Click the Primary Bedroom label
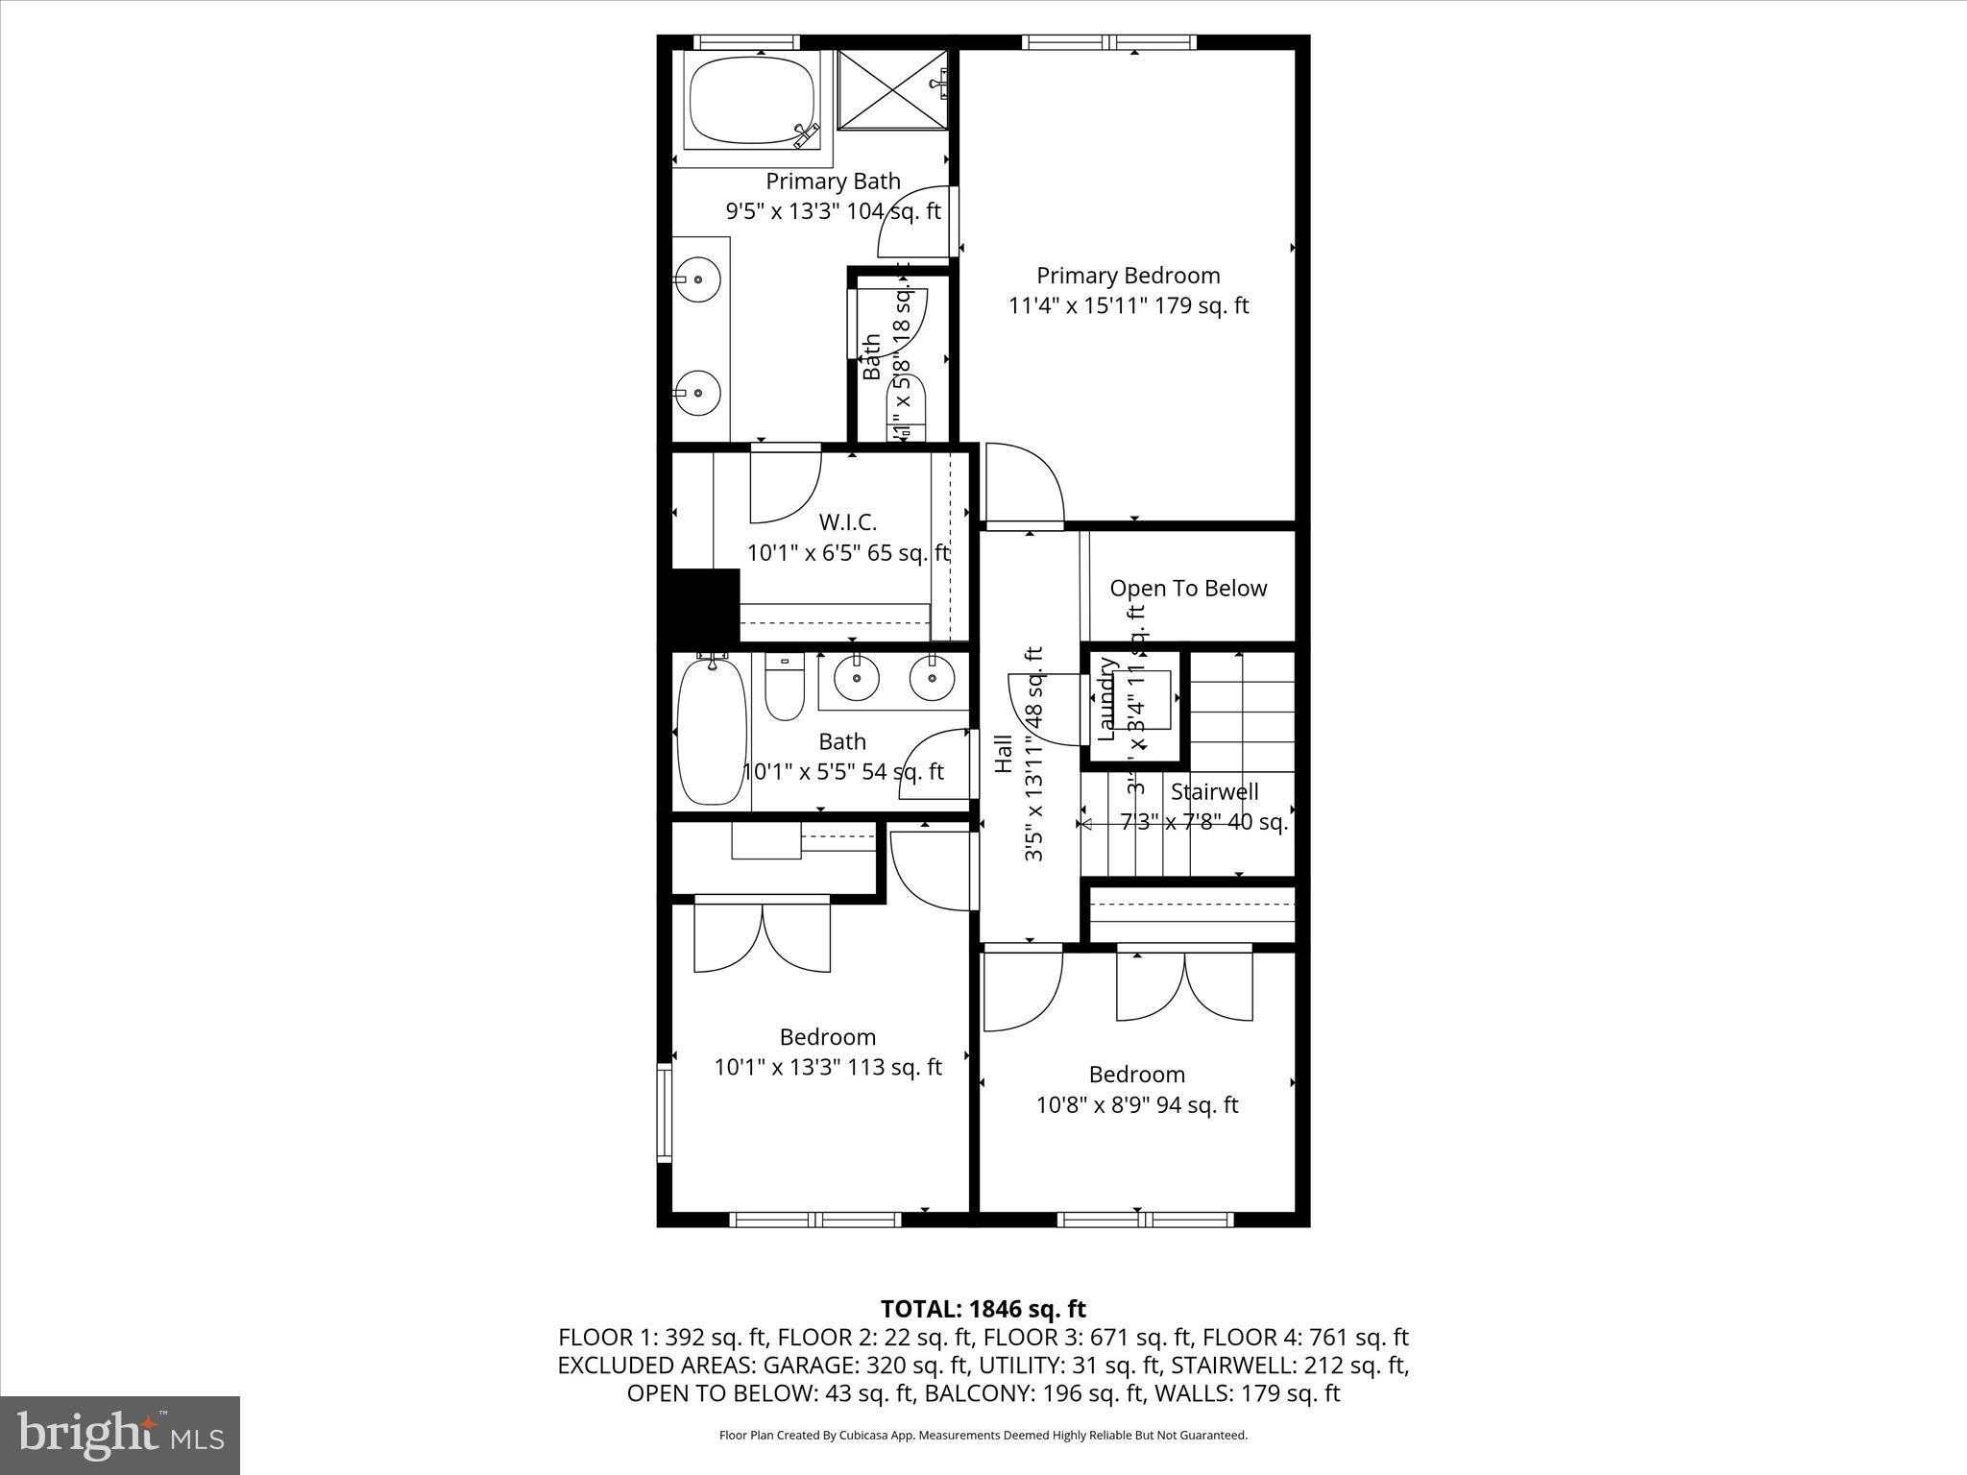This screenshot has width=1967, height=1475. (x=1128, y=276)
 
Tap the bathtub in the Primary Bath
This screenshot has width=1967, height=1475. (x=751, y=100)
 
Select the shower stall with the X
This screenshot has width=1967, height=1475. (x=892, y=88)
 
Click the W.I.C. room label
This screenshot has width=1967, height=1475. (x=847, y=522)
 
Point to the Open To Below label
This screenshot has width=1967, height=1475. (x=1188, y=589)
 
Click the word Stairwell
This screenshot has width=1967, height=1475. (x=1214, y=792)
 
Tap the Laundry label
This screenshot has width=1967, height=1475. (x=1106, y=699)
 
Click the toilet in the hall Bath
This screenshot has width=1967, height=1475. (x=785, y=688)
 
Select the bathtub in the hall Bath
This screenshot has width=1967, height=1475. (x=712, y=730)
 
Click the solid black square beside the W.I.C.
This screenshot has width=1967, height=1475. (x=704, y=605)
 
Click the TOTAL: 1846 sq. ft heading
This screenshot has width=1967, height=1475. (x=983, y=1309)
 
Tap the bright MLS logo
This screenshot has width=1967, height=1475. (x=120, y=1435)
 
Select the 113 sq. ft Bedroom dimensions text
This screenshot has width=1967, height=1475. (x=828, y=1067)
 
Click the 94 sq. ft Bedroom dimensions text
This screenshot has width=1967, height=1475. (x=1136, y=1104)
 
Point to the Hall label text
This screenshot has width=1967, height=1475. (x=1004, y=754)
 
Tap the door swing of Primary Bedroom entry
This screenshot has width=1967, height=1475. (x=1024, y=485)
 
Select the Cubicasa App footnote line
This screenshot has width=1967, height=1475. (x=983, y=1436)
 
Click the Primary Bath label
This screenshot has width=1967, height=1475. (x=833, y=181)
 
